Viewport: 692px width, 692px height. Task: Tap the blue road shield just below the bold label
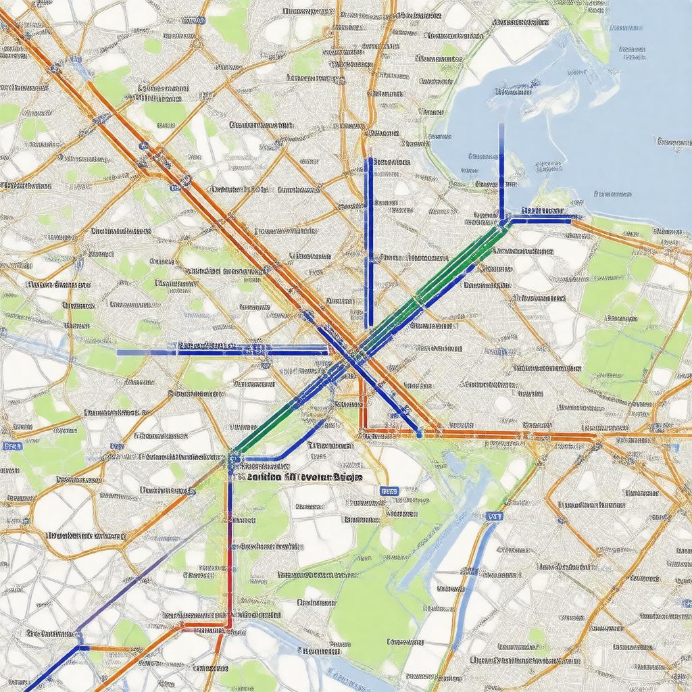click(389, 491)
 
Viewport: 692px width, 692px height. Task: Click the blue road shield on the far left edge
click(9, 446)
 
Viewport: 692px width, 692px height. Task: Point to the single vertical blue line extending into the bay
click(501, 169)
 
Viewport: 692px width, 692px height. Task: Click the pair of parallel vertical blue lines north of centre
click(369, 243)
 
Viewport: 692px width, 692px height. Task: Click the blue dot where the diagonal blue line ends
click(420, 433)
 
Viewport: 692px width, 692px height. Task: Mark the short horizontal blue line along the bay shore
click(541, 218)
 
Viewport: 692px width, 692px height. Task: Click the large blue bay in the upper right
click(595, 101)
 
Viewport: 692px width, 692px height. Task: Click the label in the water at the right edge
click(672, 142)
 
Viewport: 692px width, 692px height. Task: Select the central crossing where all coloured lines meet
click(353, 355)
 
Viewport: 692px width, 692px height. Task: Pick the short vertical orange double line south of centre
click(363, 405)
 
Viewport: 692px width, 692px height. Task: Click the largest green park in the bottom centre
click(365, 608)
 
